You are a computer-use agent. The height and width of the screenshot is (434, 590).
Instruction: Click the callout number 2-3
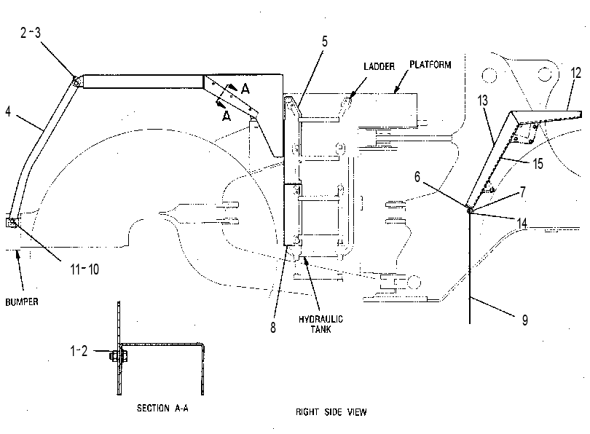click(30, 33)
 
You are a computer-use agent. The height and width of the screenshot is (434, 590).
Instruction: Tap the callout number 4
click(8, 111)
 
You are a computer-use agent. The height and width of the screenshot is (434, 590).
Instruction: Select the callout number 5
click(325, 42)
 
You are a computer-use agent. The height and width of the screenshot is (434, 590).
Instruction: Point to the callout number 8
click(273, 328)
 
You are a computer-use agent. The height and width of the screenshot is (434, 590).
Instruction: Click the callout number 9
click(525, 320)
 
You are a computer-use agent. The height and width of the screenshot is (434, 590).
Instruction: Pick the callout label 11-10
click(84, 269)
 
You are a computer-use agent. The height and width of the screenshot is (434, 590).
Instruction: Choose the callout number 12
click(576, 73)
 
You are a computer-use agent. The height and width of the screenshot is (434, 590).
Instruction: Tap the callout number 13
click(483, 100)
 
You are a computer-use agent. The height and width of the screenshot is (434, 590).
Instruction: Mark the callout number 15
click(538, 164)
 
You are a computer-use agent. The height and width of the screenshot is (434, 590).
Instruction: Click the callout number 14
click(522, 224)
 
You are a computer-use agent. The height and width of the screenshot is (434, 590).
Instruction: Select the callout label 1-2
click(79, 351)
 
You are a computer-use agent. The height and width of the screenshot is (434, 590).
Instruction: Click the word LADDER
click(379, 66)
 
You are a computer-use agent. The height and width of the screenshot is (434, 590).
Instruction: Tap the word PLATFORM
click(430, 65)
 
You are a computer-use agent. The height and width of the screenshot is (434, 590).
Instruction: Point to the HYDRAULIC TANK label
click(321, 324)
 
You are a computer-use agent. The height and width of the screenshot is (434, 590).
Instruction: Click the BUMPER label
click(22, 302)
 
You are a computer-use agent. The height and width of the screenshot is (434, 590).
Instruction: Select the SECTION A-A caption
click(162, 408)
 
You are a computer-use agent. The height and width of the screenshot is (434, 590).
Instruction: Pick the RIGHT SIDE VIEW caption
click(331, 412)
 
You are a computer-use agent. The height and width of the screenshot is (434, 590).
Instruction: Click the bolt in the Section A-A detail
click(119, 356)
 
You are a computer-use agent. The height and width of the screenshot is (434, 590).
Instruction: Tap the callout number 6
click(417, 177)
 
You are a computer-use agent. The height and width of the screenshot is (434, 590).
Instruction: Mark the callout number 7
click(523, 192)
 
